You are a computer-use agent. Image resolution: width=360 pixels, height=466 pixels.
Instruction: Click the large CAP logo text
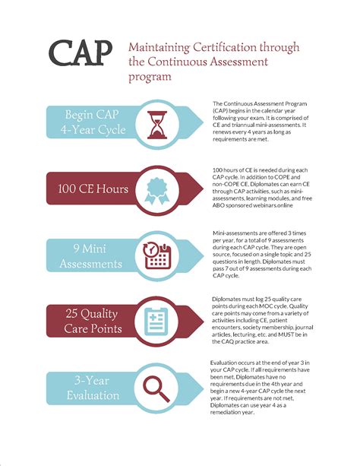click(81, 54)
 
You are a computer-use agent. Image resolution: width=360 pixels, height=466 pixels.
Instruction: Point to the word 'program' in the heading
click(149, 76)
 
